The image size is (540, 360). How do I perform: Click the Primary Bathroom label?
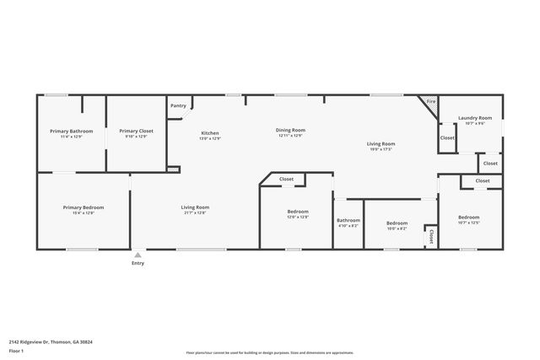[x=71, y=131]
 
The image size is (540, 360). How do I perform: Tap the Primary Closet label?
[x=136, y=131]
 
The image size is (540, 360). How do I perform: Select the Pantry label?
[x=178, y=105]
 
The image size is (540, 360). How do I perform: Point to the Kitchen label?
[x=209, y=133]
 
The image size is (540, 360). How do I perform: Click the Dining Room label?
[x=290, y=131]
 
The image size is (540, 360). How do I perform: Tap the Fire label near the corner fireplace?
[x=430, y=101]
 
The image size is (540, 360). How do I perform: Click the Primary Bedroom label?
[x=83, y=207]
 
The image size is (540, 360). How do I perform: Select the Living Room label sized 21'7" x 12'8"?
[x=195, y=207]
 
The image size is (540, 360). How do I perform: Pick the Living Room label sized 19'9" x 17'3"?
[x=381, y=144]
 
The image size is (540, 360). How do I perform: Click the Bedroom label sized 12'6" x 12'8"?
[x=298, y=212]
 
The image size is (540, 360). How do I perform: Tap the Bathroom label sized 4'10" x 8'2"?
[x=348, y=220]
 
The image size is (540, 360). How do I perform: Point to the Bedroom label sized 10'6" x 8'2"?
[x=397, y=223]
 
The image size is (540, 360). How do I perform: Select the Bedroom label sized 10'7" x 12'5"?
[x=468, y=218]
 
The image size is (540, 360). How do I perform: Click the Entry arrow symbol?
[x=138, y=254]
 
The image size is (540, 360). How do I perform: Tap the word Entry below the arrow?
[x=138, y=263]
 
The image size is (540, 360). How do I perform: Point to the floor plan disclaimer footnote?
[x=269, y=353]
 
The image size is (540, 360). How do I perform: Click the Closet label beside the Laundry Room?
[x=447, y=137]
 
